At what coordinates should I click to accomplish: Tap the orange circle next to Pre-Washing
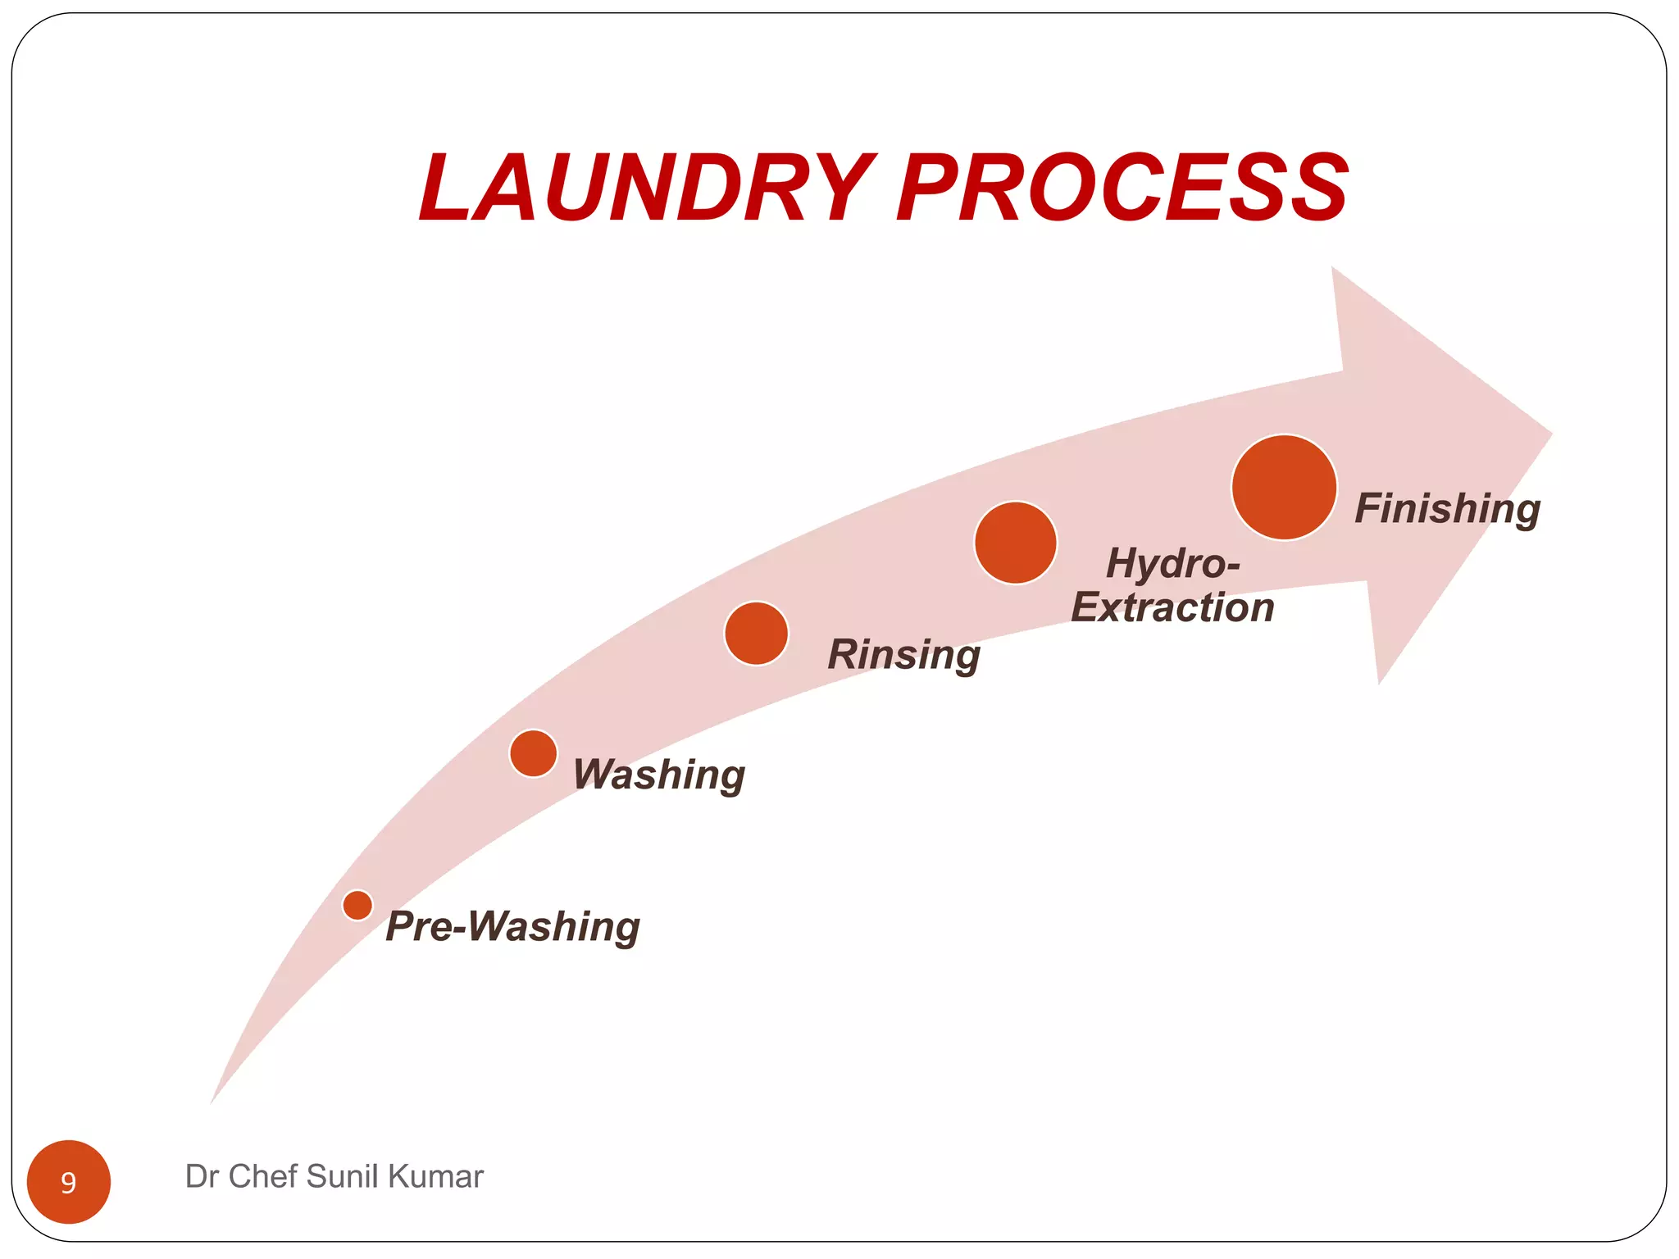click(x=357, y=905)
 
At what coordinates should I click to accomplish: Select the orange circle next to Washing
click(x=533, y=753)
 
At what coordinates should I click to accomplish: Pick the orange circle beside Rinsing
click(x=756, y=634)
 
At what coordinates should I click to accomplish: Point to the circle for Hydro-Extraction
click(x=1015, y=543)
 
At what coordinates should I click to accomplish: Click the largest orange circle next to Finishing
click(x=1284, y=488)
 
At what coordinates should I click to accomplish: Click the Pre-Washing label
click(x=512, y=926)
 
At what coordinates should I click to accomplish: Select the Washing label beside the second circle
click(x=658, y=775)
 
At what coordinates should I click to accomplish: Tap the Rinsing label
click(x=903, y=654)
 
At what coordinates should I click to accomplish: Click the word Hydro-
click(x=1172, y=563)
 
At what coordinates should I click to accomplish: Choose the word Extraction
click(x=1172, y=608)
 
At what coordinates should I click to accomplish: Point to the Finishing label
click(x=1447, y=508)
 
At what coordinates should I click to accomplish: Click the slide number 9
click(x=69, y=1182)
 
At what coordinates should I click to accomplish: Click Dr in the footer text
click(x=201, y=1176)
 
